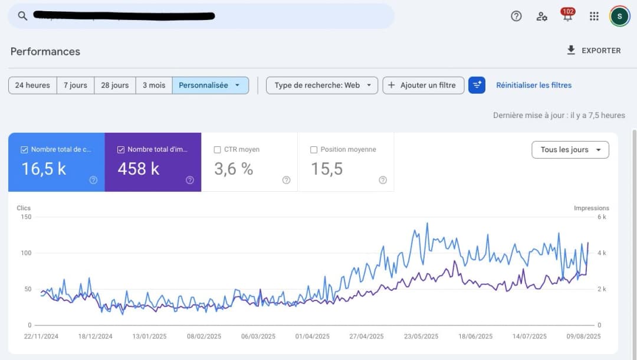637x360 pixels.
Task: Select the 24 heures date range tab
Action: coord(32,85)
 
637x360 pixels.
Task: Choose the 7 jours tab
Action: coord(75,85)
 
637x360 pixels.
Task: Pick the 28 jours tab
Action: coord(114,85)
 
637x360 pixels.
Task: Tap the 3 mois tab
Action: coord(153,85)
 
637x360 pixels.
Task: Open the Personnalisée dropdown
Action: coord(210,85)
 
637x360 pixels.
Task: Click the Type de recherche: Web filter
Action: coord(321,85)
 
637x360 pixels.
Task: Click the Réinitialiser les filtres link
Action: coord(533,85)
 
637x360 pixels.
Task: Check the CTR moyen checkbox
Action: coord(218,150)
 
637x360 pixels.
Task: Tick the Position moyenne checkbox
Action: coord(314,150)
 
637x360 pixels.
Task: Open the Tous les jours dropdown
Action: coord(570,150)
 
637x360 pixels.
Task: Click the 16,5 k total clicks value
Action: coord(44,169)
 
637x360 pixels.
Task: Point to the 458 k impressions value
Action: coord(139,169)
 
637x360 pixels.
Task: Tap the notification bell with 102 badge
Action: coord(567,16)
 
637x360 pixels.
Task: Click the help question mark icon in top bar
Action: coord(516,16)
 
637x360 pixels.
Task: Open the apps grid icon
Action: coord(594,16)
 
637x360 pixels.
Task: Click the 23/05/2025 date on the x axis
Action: coord(421,336)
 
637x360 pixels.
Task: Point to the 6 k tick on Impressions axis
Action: coord(602,217)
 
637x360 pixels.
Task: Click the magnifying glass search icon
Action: coord(22,16)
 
